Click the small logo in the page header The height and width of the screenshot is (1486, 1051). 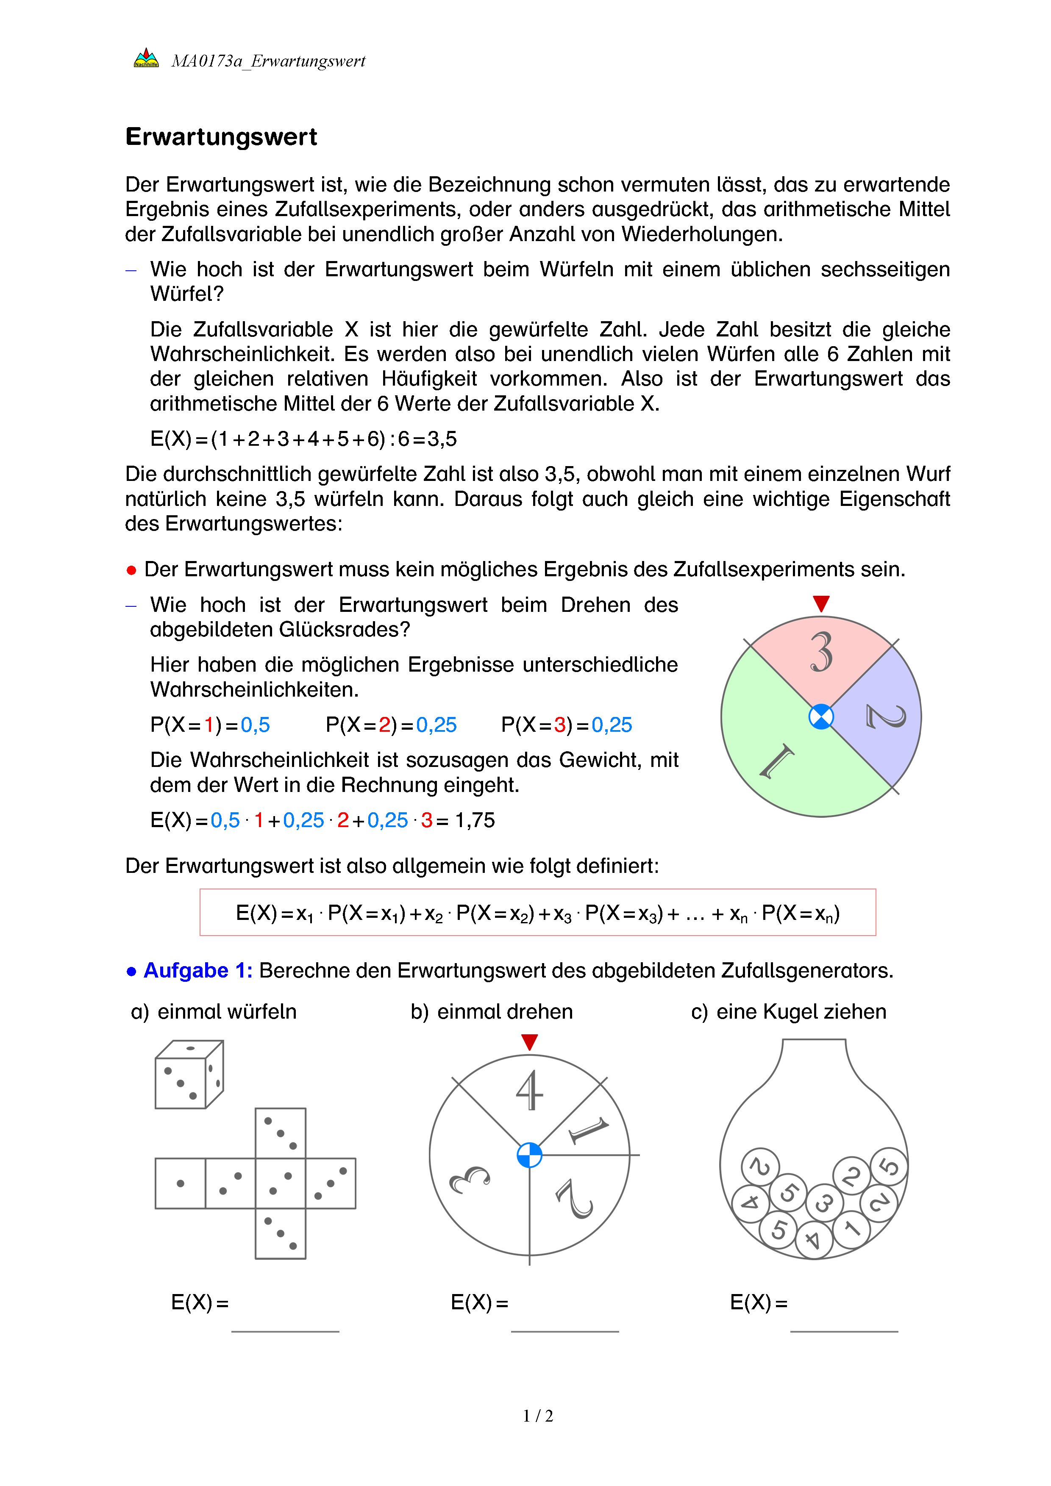(146, 59)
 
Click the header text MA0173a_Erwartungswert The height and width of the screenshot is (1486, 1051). (268, 61)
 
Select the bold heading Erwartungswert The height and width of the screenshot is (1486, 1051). (221, 137)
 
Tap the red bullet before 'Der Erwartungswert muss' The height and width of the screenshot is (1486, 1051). (131, 570)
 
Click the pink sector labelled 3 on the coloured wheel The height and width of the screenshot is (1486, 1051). (821, 654)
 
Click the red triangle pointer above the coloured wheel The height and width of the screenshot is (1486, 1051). (821, 603)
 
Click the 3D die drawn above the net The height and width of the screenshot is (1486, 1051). (189, 1075)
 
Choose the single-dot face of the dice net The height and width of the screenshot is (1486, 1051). (181, 1183)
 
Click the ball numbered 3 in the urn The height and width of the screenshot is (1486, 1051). (824, 1203)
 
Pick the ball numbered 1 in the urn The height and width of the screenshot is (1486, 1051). (852, 1228)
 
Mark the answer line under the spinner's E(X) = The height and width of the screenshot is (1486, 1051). (564, 1331)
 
